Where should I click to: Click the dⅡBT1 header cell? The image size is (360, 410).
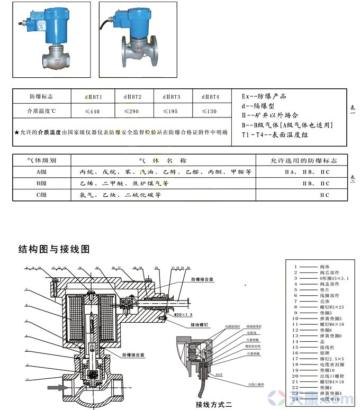coord(93,97)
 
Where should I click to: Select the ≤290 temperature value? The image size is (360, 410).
coord(132,112)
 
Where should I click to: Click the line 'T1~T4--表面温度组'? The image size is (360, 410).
coord(275,134)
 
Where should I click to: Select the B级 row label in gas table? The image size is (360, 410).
coord(41,184)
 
